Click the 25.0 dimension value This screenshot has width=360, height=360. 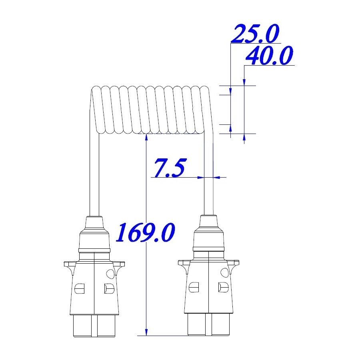coord(255,34)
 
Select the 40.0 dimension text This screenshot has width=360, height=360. coord(269,55)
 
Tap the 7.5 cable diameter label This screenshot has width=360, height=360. coord(170,168)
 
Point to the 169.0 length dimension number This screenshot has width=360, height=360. coord(145,232)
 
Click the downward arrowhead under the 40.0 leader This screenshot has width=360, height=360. coord(244,82)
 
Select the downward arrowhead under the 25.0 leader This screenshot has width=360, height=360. coord(231,91)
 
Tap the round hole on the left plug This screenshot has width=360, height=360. coord(110,273)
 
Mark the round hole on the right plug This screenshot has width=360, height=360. coord(224,272)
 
